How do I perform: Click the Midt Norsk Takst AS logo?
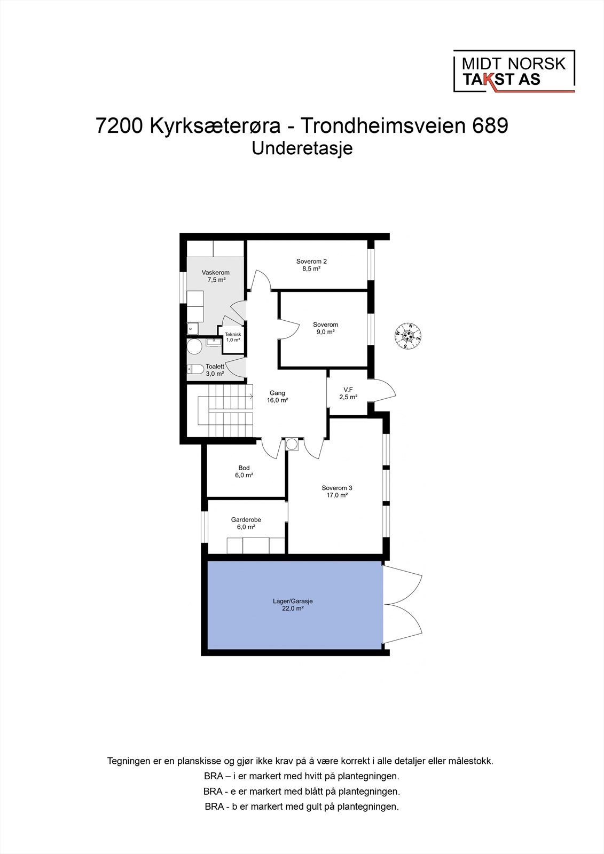513,72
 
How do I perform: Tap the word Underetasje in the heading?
302,148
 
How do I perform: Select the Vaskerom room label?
215,273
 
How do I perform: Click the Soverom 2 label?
311,262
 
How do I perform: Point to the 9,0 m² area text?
325,332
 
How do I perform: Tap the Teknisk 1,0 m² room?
233,337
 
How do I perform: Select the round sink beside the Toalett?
194,347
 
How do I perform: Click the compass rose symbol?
408,336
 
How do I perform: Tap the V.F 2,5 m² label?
348,393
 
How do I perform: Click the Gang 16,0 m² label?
277,396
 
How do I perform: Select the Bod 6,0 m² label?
244,471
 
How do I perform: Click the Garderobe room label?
246,519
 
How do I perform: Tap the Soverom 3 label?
336,488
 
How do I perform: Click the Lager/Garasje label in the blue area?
293,601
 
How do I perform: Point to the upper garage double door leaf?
403,583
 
